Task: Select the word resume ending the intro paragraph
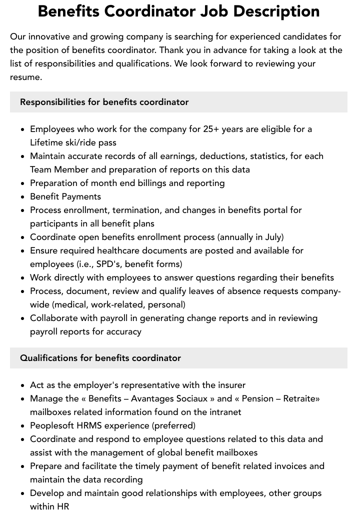[x=25, y=77]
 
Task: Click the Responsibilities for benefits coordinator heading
[x=104, y=102]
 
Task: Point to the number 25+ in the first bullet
[x=211, y=129]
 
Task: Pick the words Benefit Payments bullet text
[x=65, y=196]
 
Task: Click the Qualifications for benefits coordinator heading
[x=100, y=358]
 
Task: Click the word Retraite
[x=299, y=398]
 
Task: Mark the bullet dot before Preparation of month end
[x=23, y=183]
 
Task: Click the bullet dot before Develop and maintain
[x=23, y=493]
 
